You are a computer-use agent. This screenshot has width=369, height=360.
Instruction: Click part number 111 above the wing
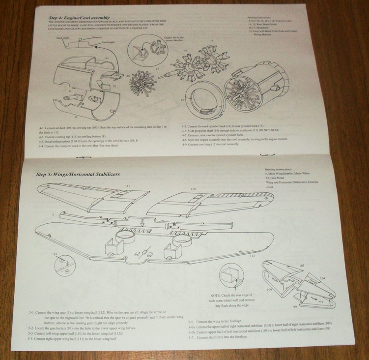pos(127,186)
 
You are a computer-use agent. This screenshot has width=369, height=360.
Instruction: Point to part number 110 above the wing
pos(193,189)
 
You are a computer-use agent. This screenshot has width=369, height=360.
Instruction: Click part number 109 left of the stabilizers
pos(270,291)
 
